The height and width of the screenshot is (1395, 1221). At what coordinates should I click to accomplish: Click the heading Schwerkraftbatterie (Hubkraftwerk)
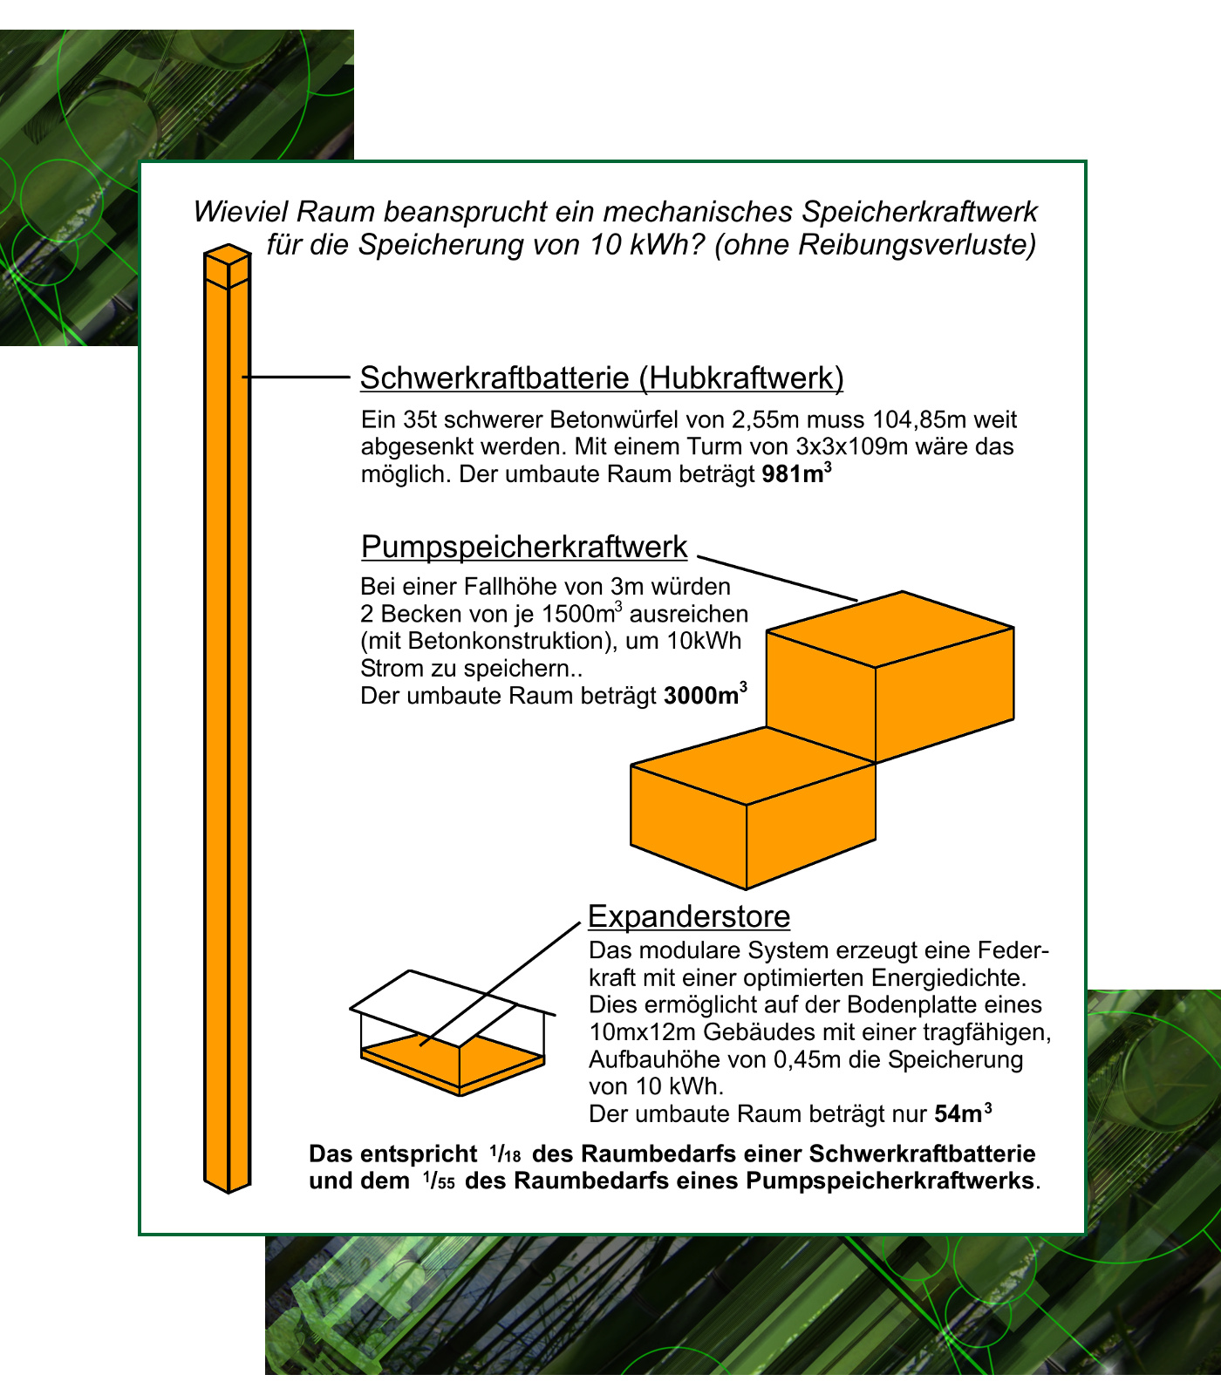click(x=602, y=378)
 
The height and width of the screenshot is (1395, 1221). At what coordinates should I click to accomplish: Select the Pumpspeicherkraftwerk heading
click(x=524, y=548)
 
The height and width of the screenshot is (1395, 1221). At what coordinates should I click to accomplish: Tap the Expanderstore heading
click(x=689, y=916)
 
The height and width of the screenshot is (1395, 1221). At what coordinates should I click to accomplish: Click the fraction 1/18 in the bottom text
click(x=505, y=1154)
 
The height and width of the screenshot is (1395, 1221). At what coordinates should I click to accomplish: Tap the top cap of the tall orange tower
click(x=228, y=254)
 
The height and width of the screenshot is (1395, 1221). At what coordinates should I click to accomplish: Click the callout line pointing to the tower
click(x=297, y=377)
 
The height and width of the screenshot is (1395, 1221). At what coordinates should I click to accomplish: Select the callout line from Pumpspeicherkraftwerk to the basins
click(x=776, y=578)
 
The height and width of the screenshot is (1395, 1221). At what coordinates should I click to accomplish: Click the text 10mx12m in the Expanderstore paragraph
click(x=642, y=1032)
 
